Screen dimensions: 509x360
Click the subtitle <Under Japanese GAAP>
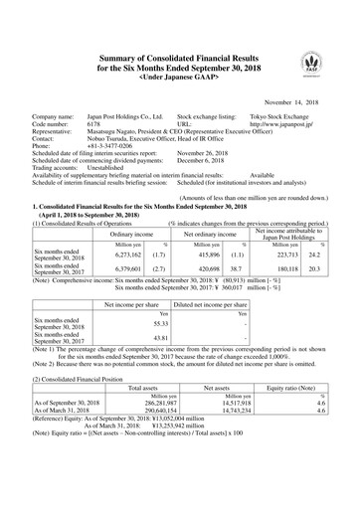(x=180, y=49)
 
